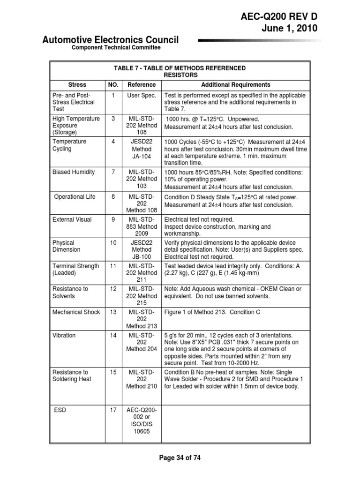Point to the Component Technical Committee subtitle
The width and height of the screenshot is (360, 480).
pos(116,48)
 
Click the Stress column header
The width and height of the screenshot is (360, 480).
pos(77,85)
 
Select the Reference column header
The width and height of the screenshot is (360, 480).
pos(142,85)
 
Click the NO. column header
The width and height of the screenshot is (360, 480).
pos(113,85)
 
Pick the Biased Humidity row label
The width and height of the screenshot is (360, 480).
pos(74,172)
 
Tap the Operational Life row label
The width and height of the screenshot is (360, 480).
pos(75,197)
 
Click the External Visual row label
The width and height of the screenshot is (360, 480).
pos(72,219)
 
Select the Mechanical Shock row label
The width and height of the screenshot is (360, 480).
pos(76,312)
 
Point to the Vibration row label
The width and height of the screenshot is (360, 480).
pos(64,336)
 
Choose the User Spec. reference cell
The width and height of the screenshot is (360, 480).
pos(142,95)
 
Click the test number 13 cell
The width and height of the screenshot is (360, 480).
pos(113,312)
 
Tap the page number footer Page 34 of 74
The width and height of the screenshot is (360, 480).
pos(180,457)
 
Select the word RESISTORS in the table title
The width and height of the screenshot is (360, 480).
pos(180,75)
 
